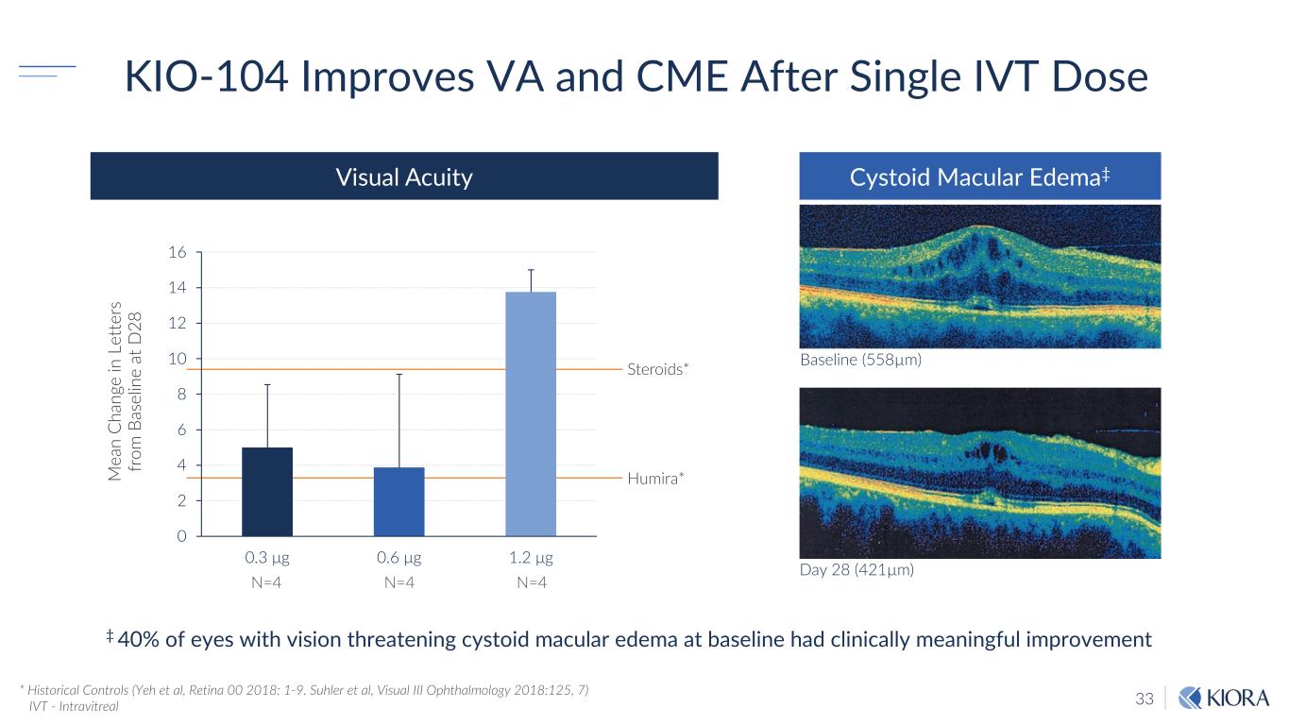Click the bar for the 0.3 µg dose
point(267,492)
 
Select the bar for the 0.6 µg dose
point(399,501)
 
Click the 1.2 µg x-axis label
point(532,558)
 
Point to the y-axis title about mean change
point(125,393)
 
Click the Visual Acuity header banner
point(404,177)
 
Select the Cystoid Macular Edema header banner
point(979,177)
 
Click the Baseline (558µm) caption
point(860,360)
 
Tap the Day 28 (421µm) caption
point(857,570)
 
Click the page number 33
point(1145,699)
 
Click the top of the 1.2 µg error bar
point(532,269)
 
